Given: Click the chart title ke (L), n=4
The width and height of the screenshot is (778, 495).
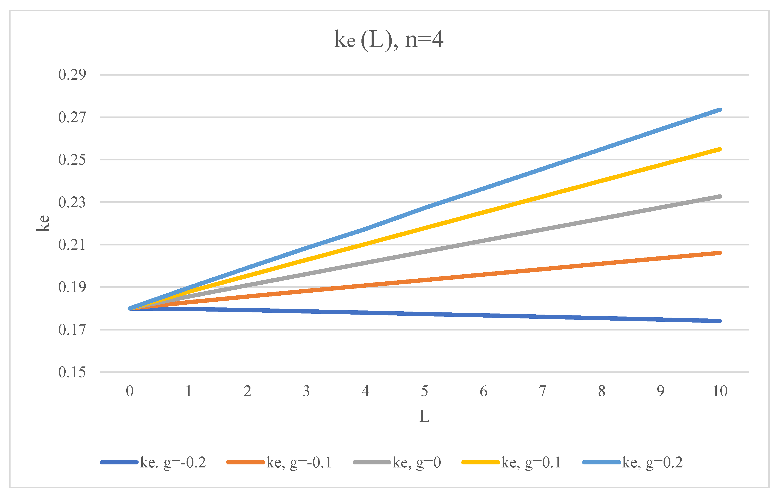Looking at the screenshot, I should [x=389, y=40].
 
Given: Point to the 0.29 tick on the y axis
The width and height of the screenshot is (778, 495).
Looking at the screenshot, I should [x=72, y=75].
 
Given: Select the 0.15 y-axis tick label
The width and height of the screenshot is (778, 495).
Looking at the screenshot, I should [x=72, y=372].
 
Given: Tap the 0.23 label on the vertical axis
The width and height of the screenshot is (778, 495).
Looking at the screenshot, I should [x=72, y=202].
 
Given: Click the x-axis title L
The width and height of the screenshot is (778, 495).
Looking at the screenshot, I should [x=424, y=416].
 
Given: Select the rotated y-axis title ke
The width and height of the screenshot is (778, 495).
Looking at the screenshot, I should [x=43, y=223].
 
